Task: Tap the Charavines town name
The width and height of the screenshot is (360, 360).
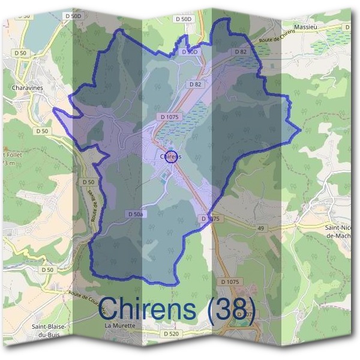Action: [x=26, y=88]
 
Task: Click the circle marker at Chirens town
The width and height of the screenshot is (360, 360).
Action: [x=171, y=157]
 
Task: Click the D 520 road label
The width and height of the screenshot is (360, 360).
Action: [x=171, y=333]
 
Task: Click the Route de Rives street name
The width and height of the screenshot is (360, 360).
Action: [x=94, y=207]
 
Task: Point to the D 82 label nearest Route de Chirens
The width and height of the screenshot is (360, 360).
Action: [x=241, y=52]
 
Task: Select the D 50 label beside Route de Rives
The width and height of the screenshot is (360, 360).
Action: [x=88, y=182]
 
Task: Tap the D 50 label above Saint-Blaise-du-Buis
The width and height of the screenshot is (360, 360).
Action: [x=47, y=270]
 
